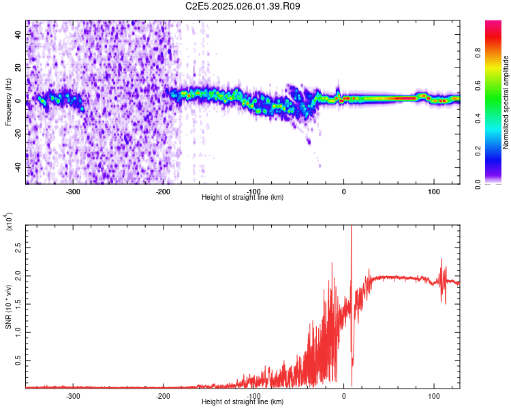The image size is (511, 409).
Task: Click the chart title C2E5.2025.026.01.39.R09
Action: tap(243, 6)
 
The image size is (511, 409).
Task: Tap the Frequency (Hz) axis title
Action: tap(8, 102)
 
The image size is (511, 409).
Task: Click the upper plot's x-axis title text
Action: tap(243, 197)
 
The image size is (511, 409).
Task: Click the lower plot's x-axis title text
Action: tap(243, 402)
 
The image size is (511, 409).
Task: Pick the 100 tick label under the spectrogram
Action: tap(433, 191)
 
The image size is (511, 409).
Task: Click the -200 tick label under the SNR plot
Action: tap(163, 395)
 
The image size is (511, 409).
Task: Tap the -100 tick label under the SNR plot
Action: tap(253, 395)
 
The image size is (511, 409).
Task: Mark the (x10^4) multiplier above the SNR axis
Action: tap(8, 222)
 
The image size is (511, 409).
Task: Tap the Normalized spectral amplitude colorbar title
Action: tap(507, 102)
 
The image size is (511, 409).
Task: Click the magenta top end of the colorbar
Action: tap(493, 24)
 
